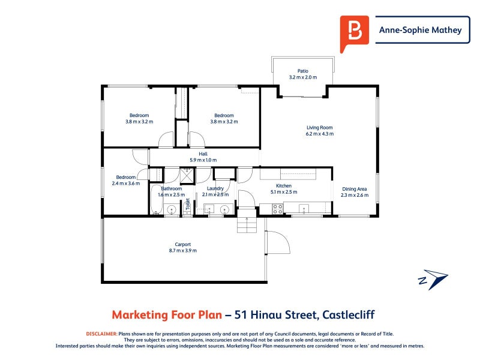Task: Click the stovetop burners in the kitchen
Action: (x=278, y=209)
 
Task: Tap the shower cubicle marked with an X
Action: (x=187, y=176)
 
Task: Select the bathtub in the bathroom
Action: (x=156, y=200)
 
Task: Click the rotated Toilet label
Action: (x=188, y=204)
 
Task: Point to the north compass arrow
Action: (x=433, y=279)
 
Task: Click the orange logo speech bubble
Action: (x=354, y=33)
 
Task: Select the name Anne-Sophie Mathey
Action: (x=421, y=30)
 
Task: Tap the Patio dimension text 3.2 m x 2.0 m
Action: (x=303, y=77)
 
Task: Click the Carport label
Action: (x=183, y=244)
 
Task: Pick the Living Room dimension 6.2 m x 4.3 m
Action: (x=320, y=134)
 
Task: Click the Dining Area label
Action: (x=355, y=189)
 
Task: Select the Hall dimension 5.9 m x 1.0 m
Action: (x=203, y=160)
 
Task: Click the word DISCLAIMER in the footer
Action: (x=101, y=334)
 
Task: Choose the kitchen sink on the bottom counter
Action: (x=304, y=209)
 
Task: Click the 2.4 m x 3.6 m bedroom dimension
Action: (x=126, y=184)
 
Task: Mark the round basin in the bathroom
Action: (x=171, y=210)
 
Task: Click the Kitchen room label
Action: (x=284, y=186)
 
